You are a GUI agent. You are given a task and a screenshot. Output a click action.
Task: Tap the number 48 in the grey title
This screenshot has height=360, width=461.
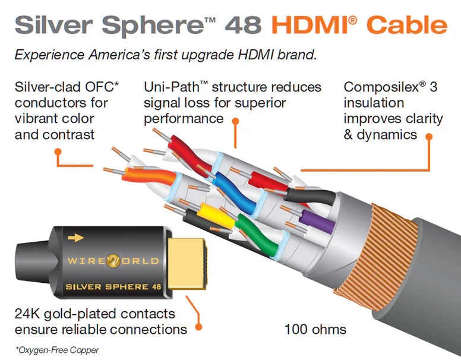click(244, 25)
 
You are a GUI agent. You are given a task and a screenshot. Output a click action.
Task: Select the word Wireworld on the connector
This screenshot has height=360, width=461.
click(112, 261)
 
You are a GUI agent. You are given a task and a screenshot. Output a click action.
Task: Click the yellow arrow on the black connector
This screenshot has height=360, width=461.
click(75, 238)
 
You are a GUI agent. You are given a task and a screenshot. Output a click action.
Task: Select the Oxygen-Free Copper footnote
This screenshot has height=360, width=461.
click(57, 350)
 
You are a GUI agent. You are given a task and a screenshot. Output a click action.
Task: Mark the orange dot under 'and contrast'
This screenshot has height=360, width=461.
click(58, 151)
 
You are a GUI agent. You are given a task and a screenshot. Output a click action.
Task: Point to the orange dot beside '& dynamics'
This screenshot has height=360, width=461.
click(428, 135)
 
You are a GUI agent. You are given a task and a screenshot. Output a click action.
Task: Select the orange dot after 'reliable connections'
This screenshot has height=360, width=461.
click(198, 326)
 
